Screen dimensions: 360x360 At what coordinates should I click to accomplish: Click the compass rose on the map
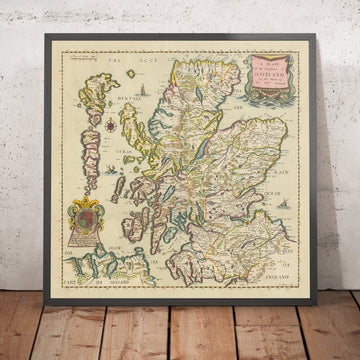point(107,127)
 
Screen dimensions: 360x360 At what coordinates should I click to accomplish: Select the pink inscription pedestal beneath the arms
point(85,241)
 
